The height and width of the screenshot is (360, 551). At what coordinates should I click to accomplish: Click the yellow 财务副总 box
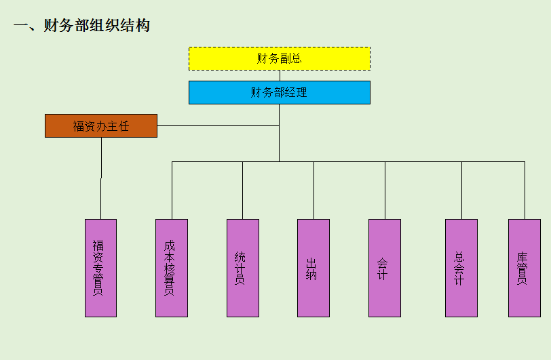(x=279, y=58)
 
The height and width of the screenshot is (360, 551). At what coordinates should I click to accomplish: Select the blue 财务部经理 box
(x=279, y=92)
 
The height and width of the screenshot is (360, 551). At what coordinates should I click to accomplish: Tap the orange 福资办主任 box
(x=101, y=125)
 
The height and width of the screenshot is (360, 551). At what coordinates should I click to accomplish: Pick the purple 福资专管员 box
(x=100, y=268)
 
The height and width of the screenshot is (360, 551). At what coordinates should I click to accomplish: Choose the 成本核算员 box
(x=171, y=268)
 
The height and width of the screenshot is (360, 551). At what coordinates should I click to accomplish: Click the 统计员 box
(x=242, y=268)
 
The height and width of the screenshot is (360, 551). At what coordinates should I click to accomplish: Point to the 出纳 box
(x=313, y=268)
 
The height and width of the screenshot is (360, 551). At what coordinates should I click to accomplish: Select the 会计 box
(x=385, y=268)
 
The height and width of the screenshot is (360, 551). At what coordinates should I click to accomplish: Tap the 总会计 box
(x=461, y=268)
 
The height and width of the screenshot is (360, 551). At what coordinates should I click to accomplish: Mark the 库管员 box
(x=525, y=268)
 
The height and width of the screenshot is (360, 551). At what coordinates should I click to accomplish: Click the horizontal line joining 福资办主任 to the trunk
(x=217, y=125)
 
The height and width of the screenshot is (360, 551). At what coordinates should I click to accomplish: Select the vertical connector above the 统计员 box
(x=242, y=190)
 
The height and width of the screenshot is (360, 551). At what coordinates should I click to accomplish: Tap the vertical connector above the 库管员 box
(x=525, y=190)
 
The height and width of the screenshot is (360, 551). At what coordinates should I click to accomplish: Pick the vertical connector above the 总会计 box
(x=461, y=190)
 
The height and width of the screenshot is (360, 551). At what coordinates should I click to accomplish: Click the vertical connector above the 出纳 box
(x=313, y=190)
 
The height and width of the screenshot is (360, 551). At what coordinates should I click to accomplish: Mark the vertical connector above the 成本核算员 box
(x=172, y=190)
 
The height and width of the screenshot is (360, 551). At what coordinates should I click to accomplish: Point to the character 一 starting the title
(x=20, y=26)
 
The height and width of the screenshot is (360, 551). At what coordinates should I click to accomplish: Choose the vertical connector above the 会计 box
(x=385, y=190)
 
